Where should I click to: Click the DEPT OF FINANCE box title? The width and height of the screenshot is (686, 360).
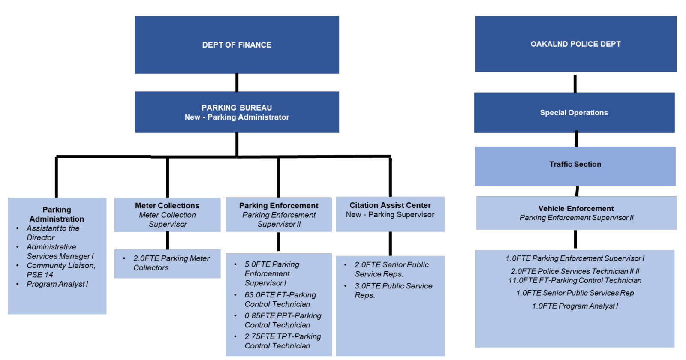click(237, 45)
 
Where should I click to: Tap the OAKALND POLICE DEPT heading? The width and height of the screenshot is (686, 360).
click(575, 44)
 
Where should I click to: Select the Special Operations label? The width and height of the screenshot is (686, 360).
click(574, 113)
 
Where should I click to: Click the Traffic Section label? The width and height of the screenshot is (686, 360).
click(575, 164)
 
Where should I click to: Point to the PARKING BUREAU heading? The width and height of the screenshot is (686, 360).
click(237, 108)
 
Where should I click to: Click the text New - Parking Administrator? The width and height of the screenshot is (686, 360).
click(237, 117)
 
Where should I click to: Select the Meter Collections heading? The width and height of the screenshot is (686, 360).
click(167, 206)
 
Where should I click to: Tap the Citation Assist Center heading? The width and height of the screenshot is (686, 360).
click(390, 205)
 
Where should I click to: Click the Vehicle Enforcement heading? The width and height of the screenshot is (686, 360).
click(576, 209)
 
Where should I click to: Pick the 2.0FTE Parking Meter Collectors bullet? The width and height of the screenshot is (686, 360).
click(171, 263)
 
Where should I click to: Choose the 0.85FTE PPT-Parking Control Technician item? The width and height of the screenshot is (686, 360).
click(283, 320)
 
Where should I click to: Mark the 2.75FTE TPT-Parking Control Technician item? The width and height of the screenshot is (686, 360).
click(283, 341)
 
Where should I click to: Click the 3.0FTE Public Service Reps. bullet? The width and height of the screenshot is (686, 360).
click(393, 291)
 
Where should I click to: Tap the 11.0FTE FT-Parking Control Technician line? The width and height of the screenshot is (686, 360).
click(575, 281)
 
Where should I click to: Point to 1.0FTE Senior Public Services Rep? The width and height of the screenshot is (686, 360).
click(575, 293)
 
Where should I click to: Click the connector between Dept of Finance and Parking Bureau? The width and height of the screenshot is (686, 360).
click(237, 82)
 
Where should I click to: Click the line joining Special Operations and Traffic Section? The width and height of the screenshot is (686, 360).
click(576, 140)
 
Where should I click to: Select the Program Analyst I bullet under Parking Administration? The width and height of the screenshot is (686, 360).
click(57, 284)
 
